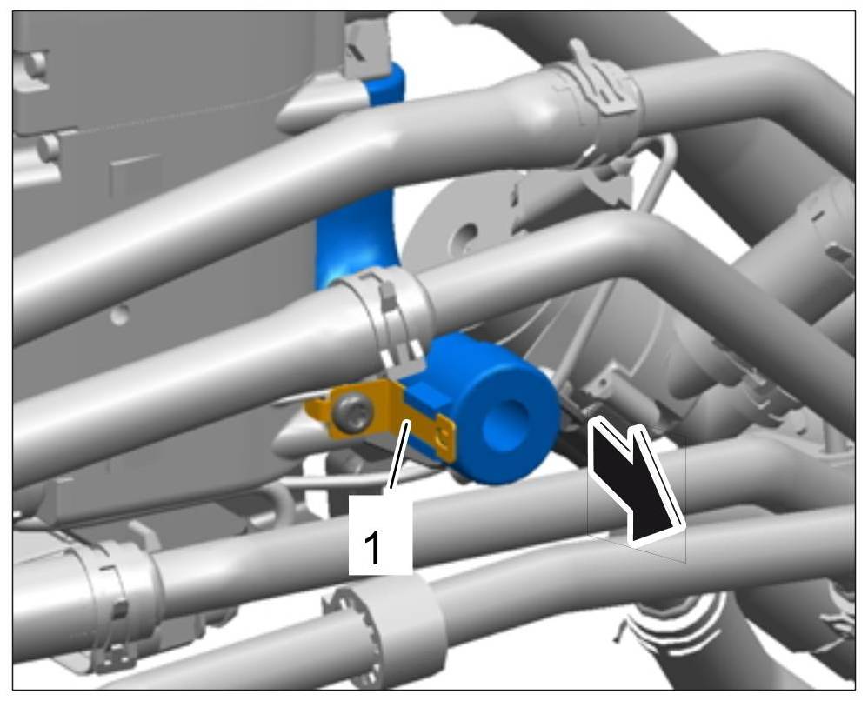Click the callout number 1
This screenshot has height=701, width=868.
pyautogui.click(x=373, y=548)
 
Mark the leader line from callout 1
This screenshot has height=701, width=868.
pyautogui.click(x=398, y=455)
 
